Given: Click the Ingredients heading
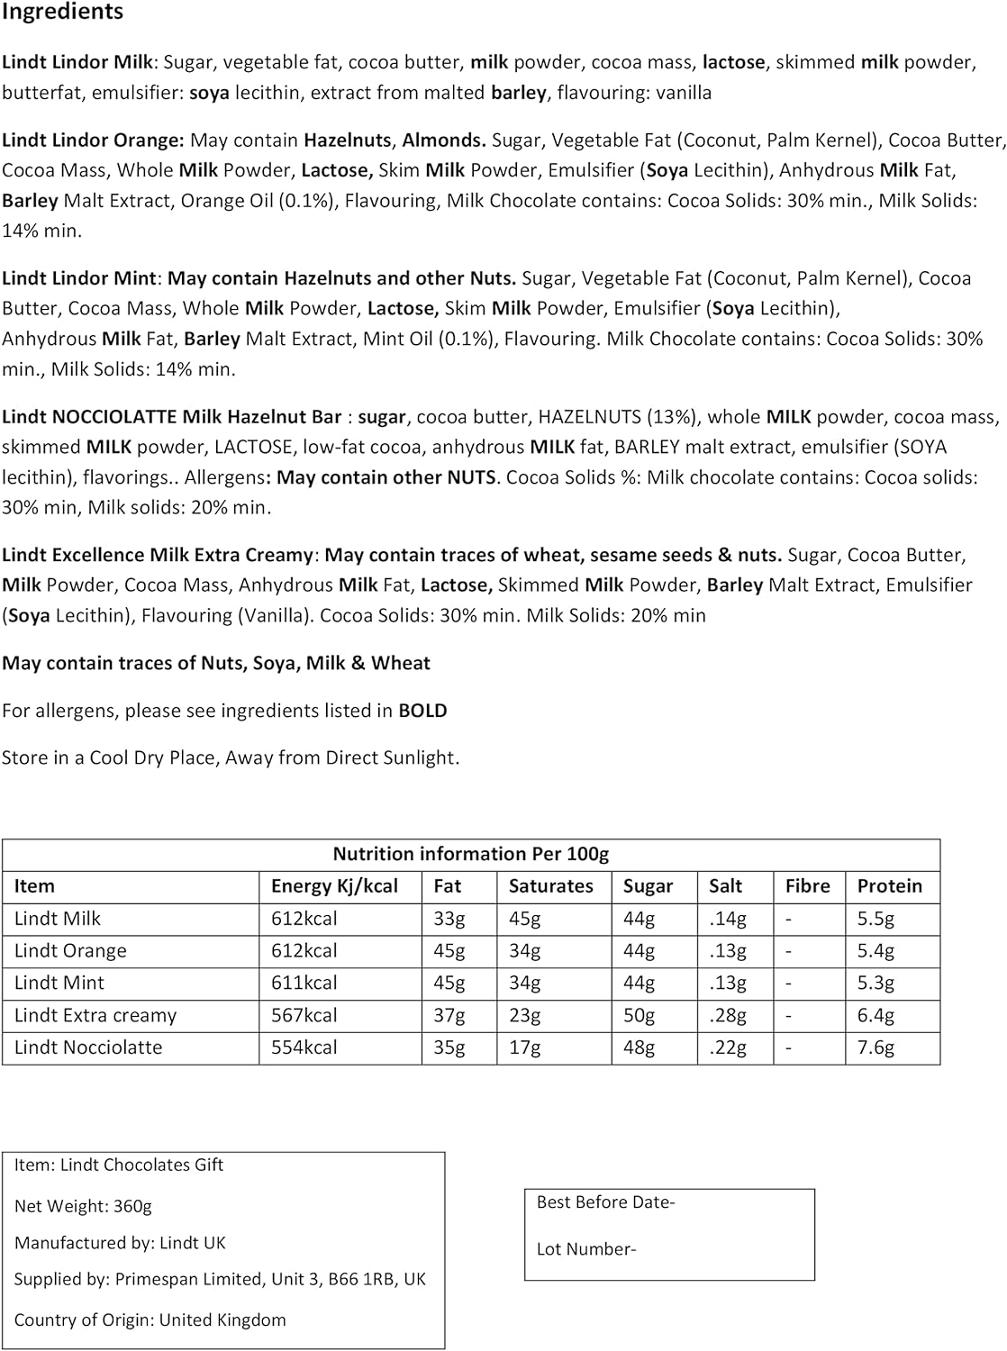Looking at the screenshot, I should (62, 13).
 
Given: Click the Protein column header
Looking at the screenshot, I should (889, 886).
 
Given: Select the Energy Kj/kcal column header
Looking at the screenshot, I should (334, 886).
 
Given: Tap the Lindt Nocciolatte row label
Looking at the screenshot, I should (88, 1047).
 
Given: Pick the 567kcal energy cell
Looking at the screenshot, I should (304, 1015).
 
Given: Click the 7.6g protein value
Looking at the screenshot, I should (875, 1047).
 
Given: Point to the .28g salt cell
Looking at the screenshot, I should (727, 1015).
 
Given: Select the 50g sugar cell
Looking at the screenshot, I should (639, 1015).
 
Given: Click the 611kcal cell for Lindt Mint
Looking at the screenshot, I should (304, 983).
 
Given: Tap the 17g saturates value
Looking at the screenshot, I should (524, 1047).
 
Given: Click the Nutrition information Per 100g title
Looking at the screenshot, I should (470, 854).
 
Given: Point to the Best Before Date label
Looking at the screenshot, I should (605, 1202).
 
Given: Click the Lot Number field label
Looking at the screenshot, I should (585, 1249).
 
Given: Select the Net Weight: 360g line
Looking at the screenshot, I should (83, 1206).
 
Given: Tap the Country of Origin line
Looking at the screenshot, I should (150, 1320).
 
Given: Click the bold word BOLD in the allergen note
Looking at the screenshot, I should (422, 711).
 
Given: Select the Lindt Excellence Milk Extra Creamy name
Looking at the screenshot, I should (158, 555).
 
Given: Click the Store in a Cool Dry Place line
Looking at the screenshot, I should (231, 757).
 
